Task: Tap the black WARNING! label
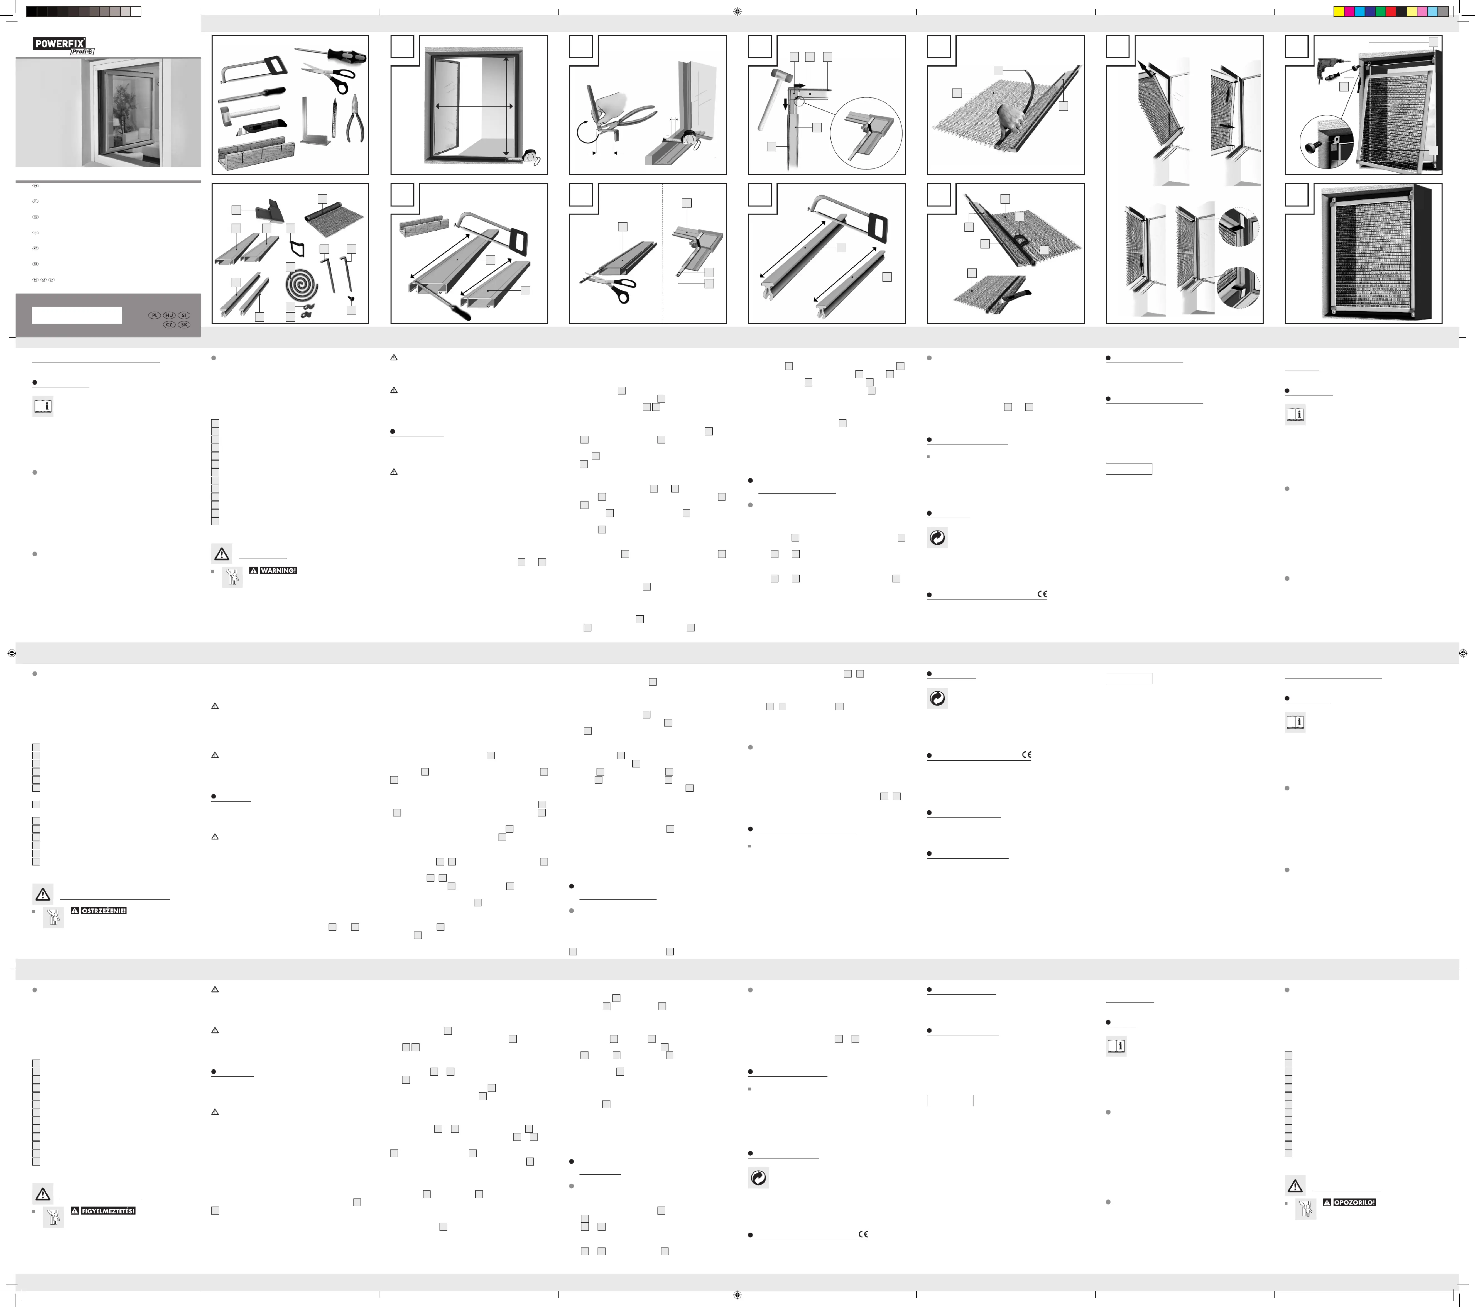click(x=278, y=570)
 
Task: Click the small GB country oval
click(x=35, y=185)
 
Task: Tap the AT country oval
click(x=43, y=279)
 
